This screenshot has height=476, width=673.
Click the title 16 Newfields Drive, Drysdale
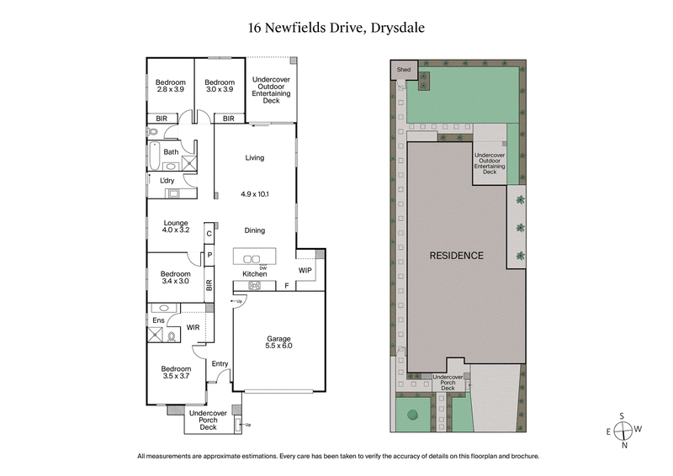[x=336, y=27]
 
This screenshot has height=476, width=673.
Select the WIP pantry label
[x=305, y=270]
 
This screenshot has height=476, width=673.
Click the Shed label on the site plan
[x=404, y=70]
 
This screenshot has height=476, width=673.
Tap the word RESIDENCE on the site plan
[x=457, y=256]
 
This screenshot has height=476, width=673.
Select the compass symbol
[x=624, y=430]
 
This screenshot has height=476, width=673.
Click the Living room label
[x=254, y=157]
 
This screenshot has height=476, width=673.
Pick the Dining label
[x=254, y=230]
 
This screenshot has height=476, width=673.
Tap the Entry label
[x=220, y=363]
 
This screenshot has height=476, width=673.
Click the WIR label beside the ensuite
[x=193, y=327]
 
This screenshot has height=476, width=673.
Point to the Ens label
[x=158, y=320]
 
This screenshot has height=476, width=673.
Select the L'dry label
[x=167, y=180]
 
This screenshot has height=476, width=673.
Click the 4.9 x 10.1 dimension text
[x=254, y=194]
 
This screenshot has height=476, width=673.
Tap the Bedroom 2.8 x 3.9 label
[x=170, y=86]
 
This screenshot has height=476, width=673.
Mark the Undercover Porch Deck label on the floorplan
[x=208, y=420]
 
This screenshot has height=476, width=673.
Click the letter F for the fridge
[x=287, y=286]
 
